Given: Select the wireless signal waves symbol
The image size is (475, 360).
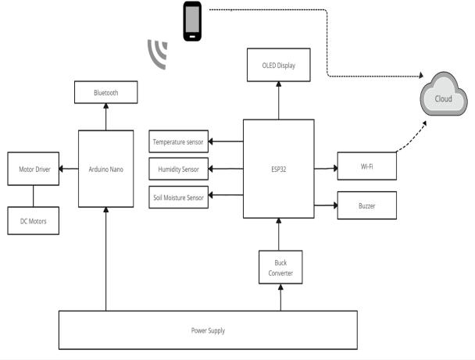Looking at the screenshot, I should [158, 52].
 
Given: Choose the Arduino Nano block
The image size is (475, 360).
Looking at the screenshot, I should [105, 168].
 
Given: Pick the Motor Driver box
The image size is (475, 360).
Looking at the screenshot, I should [33, 169].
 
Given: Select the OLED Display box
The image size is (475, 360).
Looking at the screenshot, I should [279, 64].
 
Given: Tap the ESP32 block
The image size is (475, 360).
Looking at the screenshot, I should [279, 169].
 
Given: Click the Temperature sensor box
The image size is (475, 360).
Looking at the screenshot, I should [179, 141].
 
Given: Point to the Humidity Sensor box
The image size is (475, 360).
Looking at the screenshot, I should [179, 169].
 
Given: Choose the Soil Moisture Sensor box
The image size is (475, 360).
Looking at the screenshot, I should [179, 198].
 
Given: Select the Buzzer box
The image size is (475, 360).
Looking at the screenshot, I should [366, 205].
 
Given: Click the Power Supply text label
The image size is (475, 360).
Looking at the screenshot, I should [208, 330].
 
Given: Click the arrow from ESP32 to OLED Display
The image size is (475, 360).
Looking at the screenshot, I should [279, 100].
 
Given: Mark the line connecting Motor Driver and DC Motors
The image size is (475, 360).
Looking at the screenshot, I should [33, 194].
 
